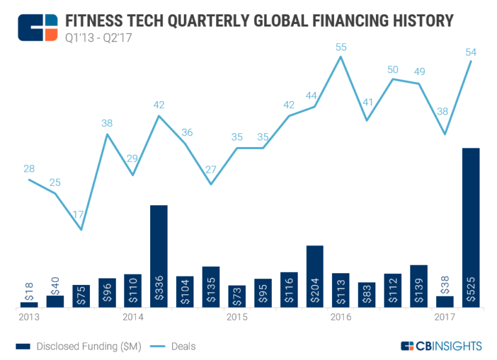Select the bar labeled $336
(159, 256)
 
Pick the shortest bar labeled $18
(29, 304)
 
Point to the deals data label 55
(341, 47)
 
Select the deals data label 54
(470, 51)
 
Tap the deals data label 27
(210, 170)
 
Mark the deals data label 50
(393, 69)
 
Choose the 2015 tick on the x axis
(237, 317)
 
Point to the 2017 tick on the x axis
(445, 317)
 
